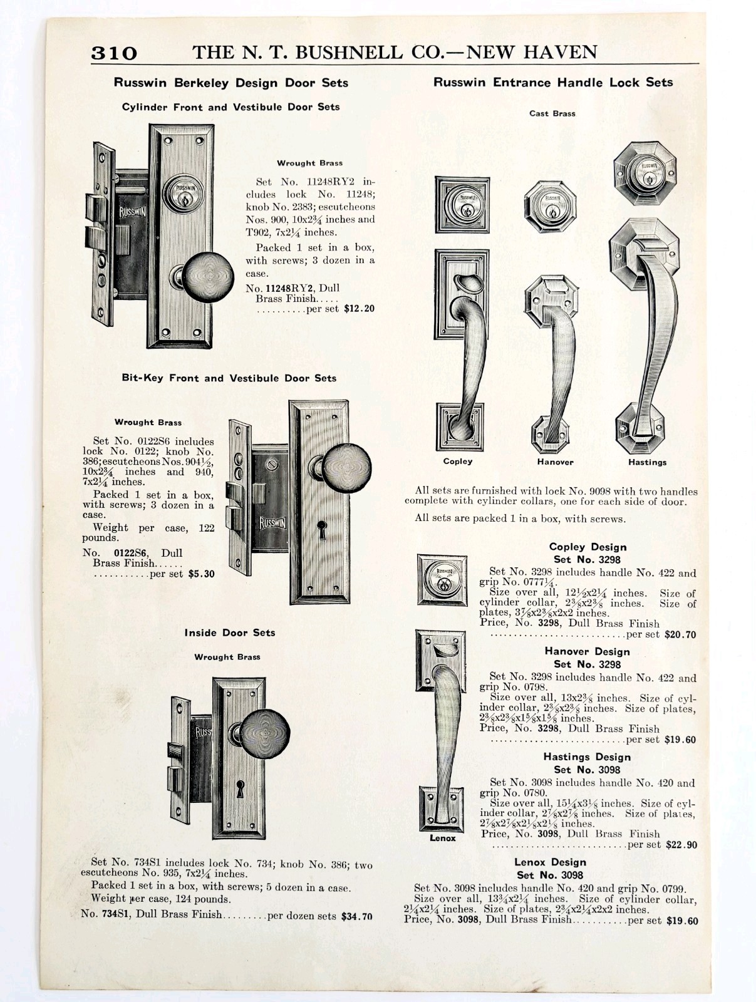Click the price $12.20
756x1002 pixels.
click(359, 309)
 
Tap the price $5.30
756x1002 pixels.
click(201, 573)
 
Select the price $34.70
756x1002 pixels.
click(356, 916)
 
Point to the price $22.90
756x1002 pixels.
click(681, 845)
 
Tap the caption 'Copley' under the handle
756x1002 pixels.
click(458, 462)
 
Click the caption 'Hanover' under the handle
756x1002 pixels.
click(555, 462)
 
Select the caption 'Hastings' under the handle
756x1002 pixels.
click(647, 463)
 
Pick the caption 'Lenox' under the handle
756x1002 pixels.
click(443, 839)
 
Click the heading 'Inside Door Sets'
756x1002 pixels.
click(229, 633)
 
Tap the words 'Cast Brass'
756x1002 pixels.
click(552, 113)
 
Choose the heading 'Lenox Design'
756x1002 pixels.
click(550, 862)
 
